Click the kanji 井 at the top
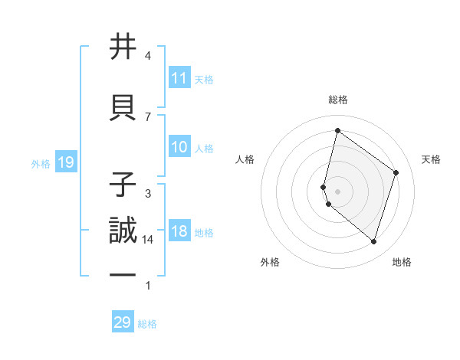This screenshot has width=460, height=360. [x=123, y=47]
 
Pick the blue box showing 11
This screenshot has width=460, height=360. [x=179, y=78]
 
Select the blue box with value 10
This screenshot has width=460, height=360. [x=179, y=148]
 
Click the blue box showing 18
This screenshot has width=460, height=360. [x=179, y=232]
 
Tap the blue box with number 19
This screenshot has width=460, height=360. [x=65, y=162]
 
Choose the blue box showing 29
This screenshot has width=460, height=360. [x=123, y=322]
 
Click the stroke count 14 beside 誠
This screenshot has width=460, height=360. [x=148, y=240]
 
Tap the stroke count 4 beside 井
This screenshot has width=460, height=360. [x=148, y=56]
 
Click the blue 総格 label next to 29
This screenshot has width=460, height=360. [x=147, y=324]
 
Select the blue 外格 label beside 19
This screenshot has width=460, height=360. [x=41, y=163]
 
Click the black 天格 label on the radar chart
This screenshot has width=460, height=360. [x=431, y=159]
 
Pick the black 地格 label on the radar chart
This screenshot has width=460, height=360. [x=402, y=262]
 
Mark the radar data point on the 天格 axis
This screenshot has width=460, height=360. [x=396, y=172]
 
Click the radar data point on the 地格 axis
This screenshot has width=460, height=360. [x=373, y=242]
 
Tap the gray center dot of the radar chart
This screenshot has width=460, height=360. [x=337, y=191]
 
